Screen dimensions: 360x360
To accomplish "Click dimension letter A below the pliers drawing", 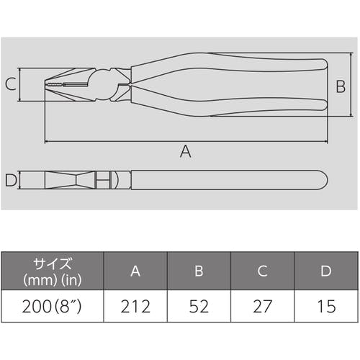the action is tap(186, 151).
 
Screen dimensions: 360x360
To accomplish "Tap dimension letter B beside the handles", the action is tap(341, 86).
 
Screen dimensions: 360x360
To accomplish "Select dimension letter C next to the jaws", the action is tap(11, 84).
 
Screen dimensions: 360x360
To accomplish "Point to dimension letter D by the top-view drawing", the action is tap(11, 180).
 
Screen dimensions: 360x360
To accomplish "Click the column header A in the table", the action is tap(135, 271).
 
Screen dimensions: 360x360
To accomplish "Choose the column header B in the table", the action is tap(199, 271).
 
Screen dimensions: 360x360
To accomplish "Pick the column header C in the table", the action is tap(263, 271).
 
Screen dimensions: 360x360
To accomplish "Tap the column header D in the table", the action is tap(326, 271).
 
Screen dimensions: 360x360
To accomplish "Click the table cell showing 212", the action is tap(135, 306).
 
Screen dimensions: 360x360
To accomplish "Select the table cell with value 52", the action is tap(199, 306).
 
